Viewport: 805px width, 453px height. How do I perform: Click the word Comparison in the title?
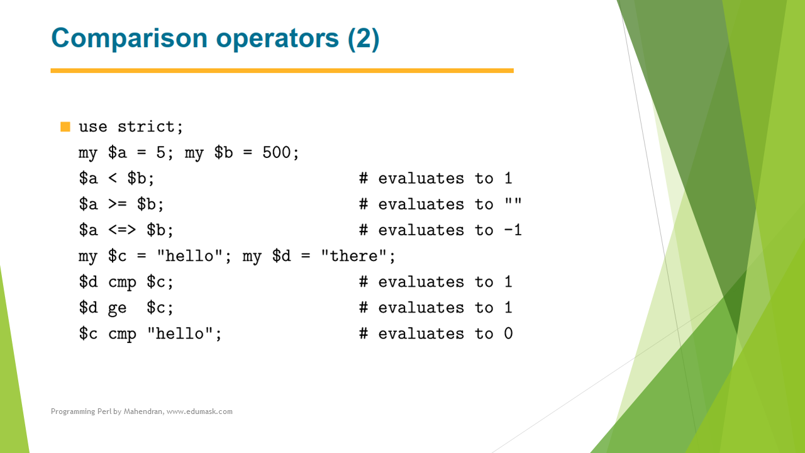click(130, 39)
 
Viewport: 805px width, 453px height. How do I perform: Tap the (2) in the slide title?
click(364, 38)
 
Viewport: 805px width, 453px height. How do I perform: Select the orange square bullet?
click(65, 126)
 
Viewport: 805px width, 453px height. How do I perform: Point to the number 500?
click(276, 152)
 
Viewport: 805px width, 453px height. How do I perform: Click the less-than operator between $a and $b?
click(113, 178)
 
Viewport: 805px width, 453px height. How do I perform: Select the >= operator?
click(118, 204)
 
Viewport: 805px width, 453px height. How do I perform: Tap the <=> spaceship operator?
click(122, 230)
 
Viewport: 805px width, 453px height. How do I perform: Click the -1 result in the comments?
click(513, 230)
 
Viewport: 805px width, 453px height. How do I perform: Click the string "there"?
click(354, 256)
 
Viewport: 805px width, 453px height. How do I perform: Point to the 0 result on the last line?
click(508, 333)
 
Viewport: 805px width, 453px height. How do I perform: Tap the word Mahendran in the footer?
click(143, 411)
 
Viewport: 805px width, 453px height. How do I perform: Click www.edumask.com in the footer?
click(199, 411)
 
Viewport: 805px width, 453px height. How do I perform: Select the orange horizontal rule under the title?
click(282, 71)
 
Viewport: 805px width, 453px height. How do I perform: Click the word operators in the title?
click(277, 39)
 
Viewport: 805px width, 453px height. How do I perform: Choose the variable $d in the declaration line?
click(281, 256)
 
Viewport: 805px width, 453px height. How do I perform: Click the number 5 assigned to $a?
click(160, 152)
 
